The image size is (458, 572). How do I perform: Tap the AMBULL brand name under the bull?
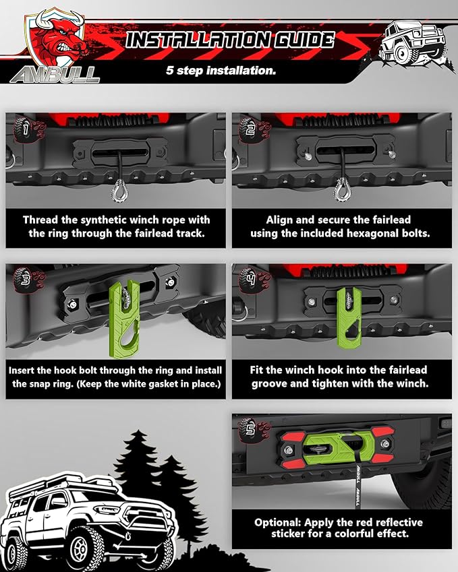[55, 75]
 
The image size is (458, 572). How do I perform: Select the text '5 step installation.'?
[221, 70]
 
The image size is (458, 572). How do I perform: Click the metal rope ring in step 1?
[119, 191]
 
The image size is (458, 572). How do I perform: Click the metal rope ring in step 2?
[342, 191]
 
